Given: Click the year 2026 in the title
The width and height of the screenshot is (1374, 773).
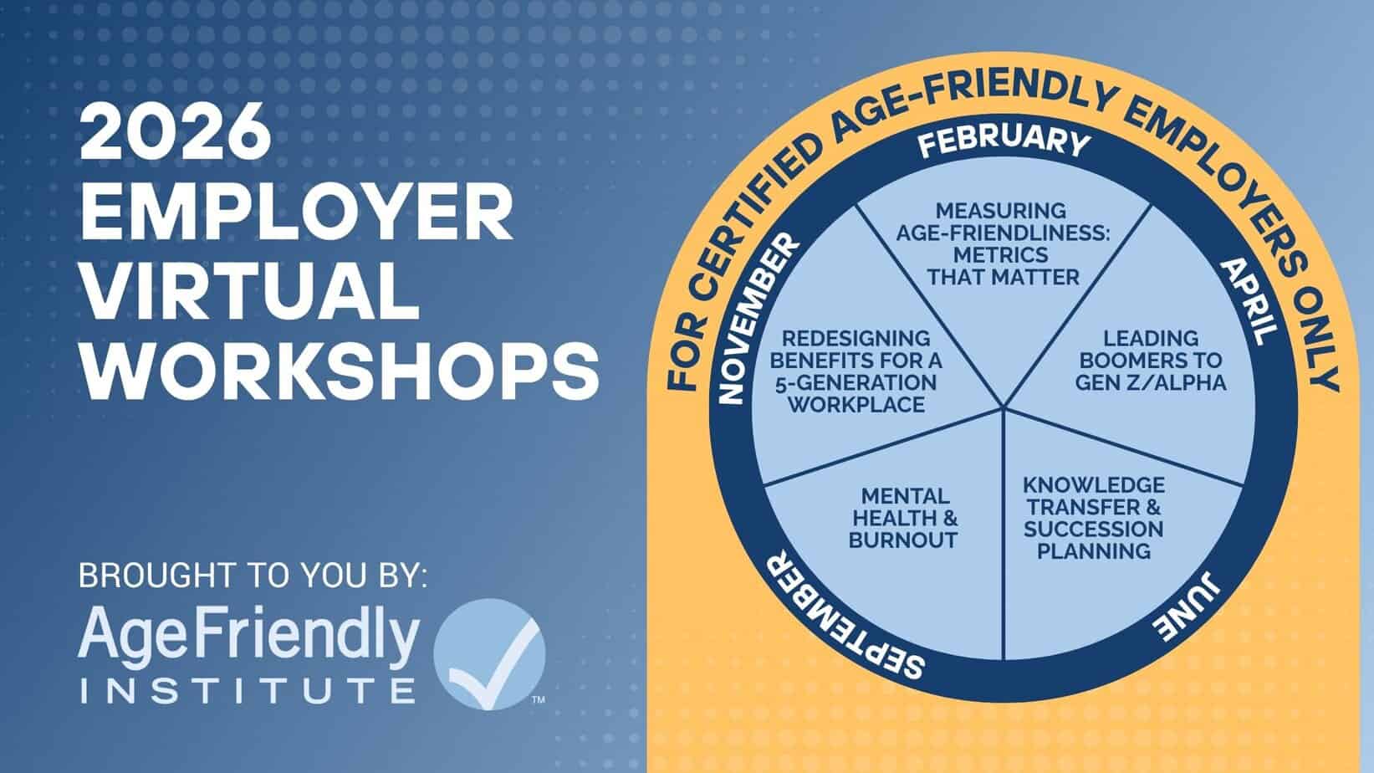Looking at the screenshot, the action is pyautogui.click(x=176, y=131).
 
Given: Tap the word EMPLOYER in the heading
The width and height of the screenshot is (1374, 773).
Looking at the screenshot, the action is pyautogui.click(x=297, y=212).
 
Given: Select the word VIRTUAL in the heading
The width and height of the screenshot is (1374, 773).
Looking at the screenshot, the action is pyautogui.click(x=250, y=292).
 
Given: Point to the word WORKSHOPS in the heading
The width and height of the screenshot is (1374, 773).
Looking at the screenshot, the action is pyautogui.click(x=340, y=371).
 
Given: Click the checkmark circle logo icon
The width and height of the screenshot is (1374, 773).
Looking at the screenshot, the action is pyautogui.click(x=489, y=654).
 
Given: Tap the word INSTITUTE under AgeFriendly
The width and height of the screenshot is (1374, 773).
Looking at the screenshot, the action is pyautogui.click(x=248, y=690).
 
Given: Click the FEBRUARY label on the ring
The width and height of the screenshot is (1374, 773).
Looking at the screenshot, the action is pyautogui.click(x=1004, y=141).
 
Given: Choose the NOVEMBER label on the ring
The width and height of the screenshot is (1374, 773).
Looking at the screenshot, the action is pyautogui.click(x=757, y=319).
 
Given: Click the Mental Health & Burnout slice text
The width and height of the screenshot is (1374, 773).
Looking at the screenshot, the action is pyautogui.click(x=903, y=518).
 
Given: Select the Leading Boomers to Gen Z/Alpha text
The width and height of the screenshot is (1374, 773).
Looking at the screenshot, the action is pyautogui.click(x=1151, y=360).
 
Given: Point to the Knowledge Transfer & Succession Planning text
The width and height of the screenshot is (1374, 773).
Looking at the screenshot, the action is pyautogui.click(x=1094, y=518).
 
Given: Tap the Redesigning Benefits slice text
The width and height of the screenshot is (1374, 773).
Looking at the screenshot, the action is pyautogui.click(x=856, y=371).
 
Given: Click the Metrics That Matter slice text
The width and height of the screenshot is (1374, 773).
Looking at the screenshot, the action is pyautogui.click(x=1003, y=243).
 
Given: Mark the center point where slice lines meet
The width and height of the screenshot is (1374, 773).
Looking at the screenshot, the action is pyautogui.click(x=1004, y=407).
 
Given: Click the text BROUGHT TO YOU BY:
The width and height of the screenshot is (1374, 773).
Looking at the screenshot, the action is pyautogui.click(x=253, y=576).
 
